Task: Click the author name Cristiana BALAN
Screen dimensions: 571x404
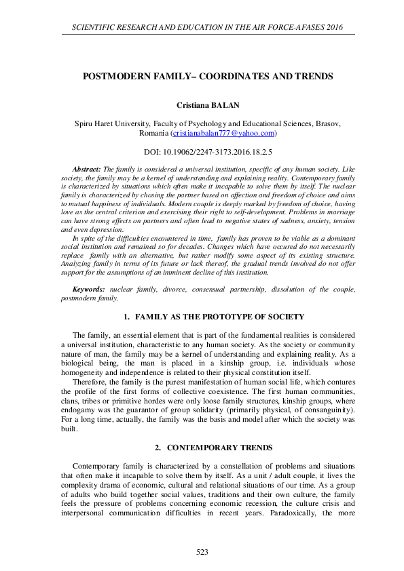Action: point(202,106)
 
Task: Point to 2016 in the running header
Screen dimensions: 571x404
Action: point(329,27)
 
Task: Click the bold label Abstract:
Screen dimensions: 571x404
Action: point(86,167)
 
